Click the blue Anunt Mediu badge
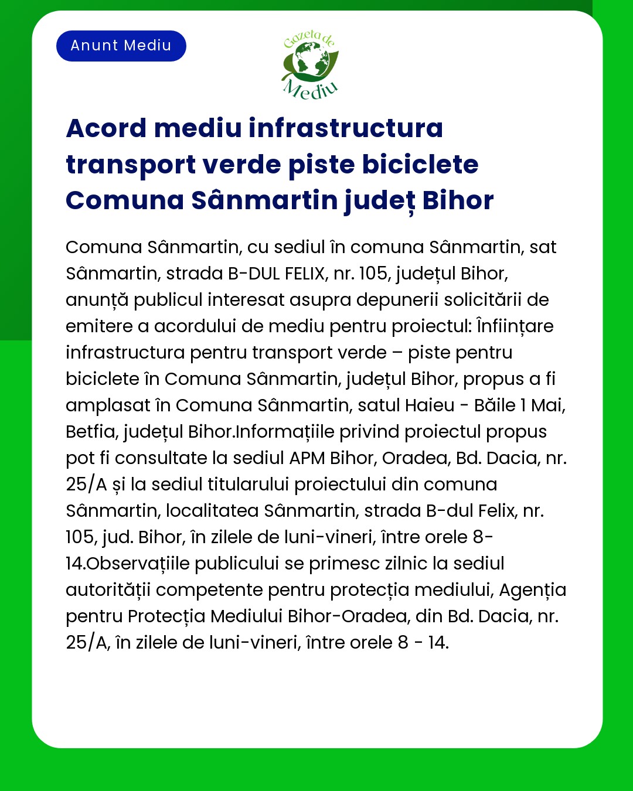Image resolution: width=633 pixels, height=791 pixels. pos(121,46)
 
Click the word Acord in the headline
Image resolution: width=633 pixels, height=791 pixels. pos(106,128)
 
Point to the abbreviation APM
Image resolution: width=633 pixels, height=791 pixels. pos(307,458)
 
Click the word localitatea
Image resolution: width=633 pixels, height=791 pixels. pos(212,511)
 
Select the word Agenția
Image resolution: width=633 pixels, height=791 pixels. pos(532,590)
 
